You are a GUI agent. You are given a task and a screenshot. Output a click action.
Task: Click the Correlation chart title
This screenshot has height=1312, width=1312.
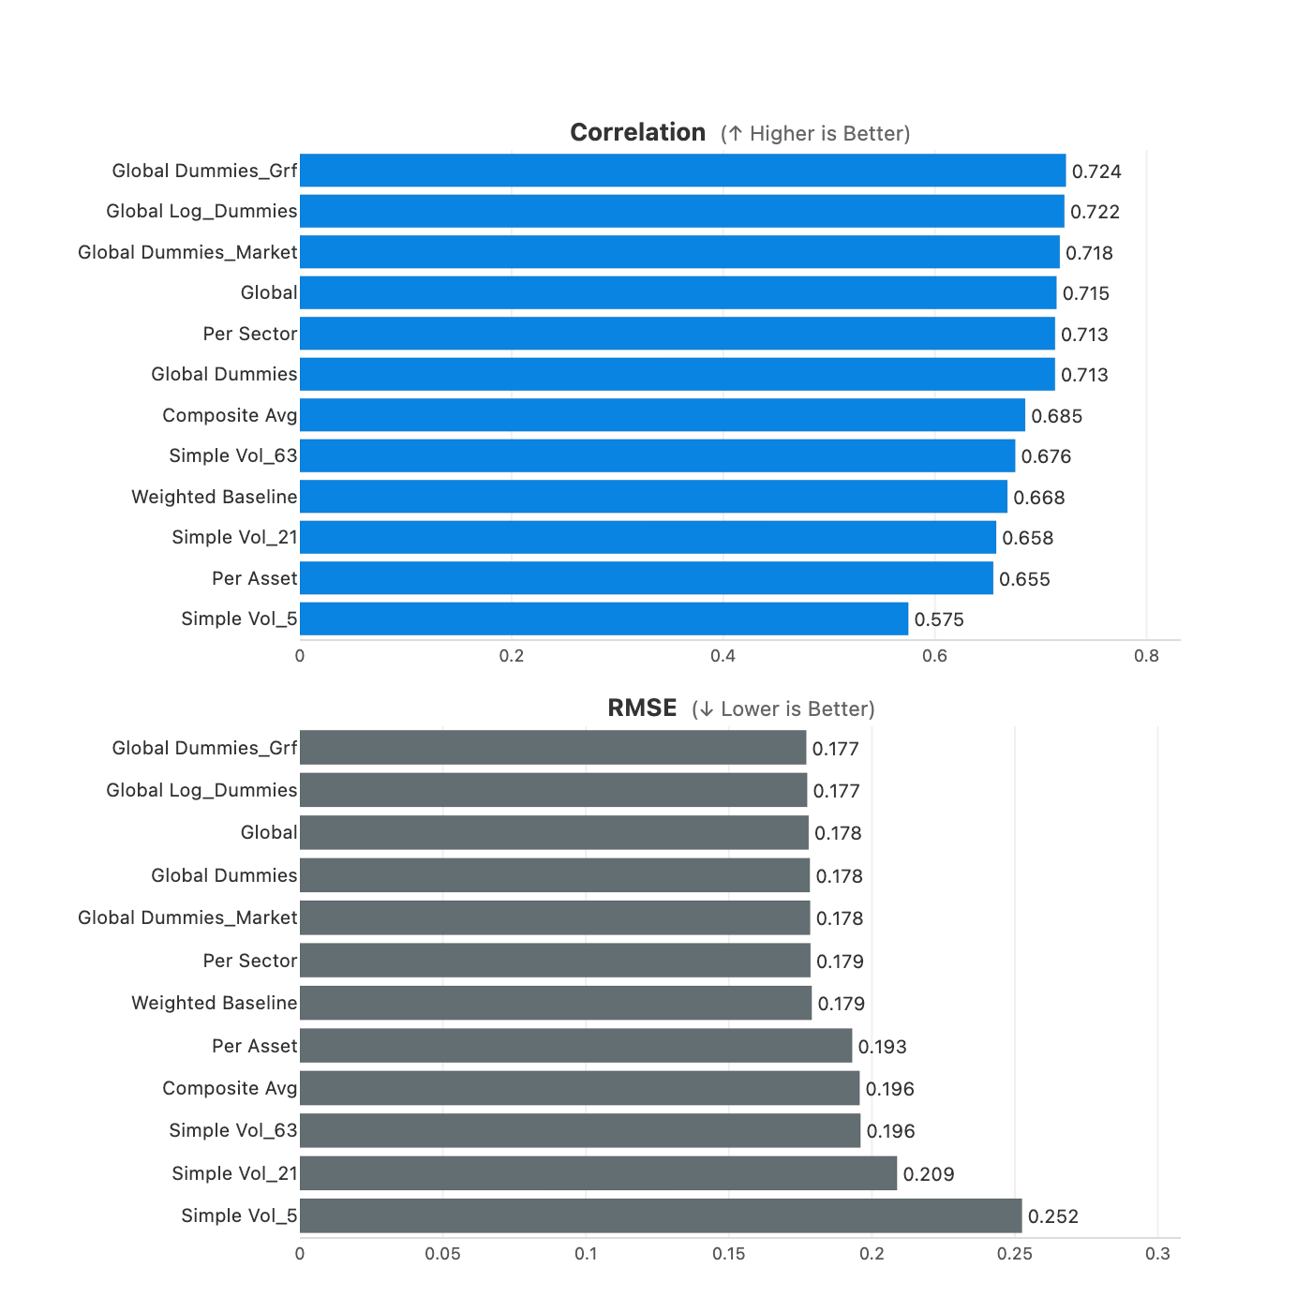(637, 133)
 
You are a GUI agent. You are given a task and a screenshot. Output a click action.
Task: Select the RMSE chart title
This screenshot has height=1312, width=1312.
(642, 708)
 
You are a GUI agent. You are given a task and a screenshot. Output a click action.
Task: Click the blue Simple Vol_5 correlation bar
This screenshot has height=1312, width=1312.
(604, 619)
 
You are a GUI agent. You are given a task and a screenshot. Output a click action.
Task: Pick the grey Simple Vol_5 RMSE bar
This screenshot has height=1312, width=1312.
(661, 1215)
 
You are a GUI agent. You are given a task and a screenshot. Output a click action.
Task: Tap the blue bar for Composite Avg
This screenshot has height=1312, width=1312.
(662, 415)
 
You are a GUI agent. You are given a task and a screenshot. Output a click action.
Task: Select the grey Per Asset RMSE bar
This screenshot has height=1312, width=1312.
(575, 1046)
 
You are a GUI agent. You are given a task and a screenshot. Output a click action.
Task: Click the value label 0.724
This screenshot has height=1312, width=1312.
(1096, 171)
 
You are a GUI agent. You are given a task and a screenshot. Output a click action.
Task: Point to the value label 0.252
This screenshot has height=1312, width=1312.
(1053, 1216)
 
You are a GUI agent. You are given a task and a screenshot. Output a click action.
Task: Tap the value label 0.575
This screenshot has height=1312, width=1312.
(939, 619)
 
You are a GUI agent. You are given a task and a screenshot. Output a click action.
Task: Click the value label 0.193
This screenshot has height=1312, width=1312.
(883, 1047)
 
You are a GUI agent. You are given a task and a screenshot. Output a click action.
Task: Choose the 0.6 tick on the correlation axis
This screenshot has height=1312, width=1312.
(934, 656)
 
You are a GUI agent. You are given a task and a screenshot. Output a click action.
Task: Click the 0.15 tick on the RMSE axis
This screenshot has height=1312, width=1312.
(729, 1254)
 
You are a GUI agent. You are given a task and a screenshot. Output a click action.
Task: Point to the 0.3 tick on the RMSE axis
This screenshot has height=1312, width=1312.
(1157, 1254)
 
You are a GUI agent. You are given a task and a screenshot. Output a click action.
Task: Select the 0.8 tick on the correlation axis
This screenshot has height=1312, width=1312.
(1146, 656)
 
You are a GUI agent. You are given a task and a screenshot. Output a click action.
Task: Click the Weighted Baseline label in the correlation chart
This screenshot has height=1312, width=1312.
(214, 497)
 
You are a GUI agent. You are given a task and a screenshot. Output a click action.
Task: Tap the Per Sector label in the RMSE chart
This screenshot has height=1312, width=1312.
(249, 961)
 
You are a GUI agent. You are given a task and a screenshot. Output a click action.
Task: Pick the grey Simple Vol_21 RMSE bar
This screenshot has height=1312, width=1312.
(598, 1173)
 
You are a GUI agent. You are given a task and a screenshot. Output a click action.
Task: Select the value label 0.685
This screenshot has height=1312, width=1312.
(1056, 416)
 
